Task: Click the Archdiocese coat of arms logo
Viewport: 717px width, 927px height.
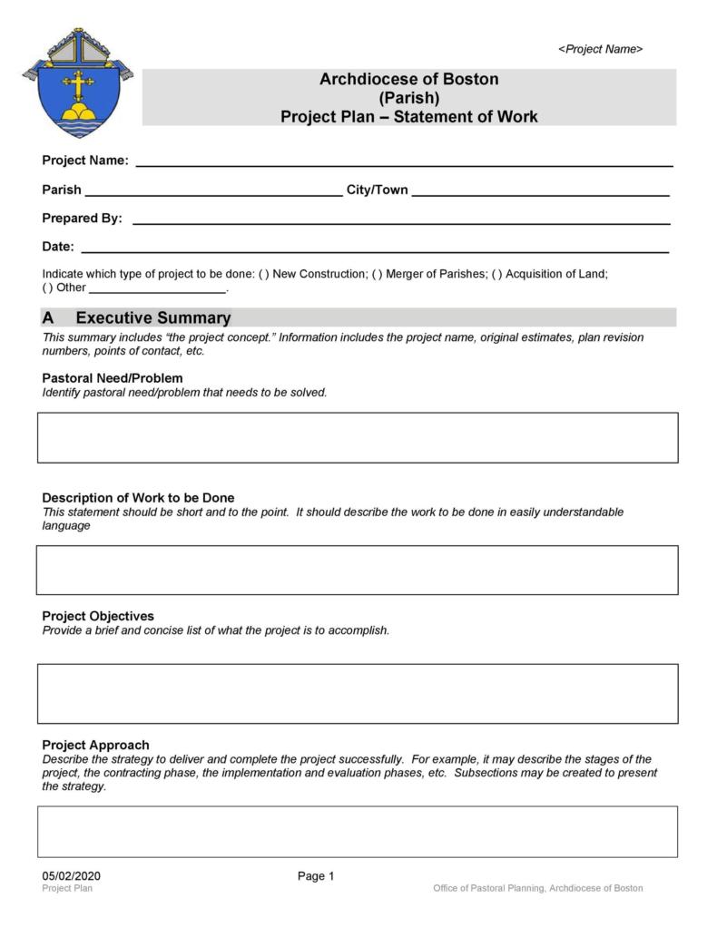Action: [77, 83]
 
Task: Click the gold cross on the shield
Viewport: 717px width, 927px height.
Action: [78, 86]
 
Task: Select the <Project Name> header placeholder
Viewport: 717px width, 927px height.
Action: [600, 49]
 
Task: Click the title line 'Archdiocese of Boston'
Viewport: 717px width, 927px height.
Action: [408, 79]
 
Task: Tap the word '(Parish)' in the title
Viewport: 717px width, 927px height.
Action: [408, 98]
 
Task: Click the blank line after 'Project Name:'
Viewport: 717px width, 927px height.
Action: [404, 162]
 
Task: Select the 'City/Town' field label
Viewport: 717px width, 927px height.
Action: [377, 190]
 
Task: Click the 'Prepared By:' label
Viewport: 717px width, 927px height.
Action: [82, 219]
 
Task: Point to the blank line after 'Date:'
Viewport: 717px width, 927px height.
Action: [375, 248]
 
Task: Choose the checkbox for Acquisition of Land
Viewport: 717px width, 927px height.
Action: [496, 274]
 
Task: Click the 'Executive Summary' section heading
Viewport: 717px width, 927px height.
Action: [152, 318]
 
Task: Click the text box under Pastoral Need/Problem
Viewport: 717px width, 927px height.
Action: [358, 438]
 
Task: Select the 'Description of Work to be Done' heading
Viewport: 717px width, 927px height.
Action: [138, 498]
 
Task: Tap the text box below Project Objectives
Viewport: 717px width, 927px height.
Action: [358, 694]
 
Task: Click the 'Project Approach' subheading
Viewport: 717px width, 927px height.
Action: [95, 745]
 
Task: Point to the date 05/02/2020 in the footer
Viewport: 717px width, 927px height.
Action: [71, 876]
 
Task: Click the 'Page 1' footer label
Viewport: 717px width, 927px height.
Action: [316, 876]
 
